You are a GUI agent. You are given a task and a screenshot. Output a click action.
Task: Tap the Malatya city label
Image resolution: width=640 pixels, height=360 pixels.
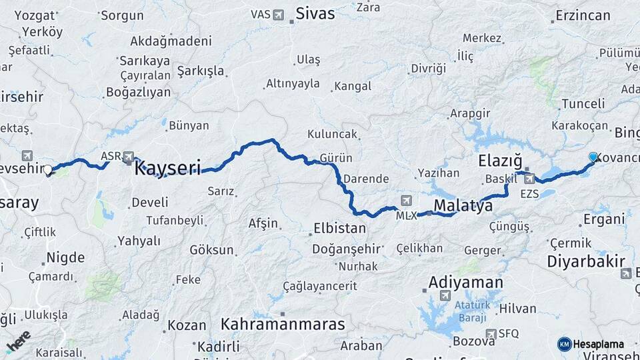[463, 205]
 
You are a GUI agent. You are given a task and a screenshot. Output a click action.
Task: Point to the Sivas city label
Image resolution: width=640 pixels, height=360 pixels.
[315, 13]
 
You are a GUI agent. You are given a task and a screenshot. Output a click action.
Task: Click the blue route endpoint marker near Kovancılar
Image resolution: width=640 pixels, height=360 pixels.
[593, 157]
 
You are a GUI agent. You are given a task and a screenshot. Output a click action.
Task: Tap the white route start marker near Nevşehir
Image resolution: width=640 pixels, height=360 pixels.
[48, 170]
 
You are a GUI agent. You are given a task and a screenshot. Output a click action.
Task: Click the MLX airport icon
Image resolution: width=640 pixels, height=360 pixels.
[407, 201]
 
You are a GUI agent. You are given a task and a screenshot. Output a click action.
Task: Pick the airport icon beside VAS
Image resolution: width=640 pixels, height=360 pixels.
[278, 14]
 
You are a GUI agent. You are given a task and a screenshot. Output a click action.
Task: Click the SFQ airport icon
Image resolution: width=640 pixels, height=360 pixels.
[491, 333]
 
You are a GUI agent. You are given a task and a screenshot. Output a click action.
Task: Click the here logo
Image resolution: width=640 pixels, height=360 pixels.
[19, 341]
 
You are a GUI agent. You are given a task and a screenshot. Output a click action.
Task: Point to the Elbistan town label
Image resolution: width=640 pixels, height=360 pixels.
[339, 228]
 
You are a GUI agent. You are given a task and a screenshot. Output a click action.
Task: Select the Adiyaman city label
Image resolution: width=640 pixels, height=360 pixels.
[465, 282]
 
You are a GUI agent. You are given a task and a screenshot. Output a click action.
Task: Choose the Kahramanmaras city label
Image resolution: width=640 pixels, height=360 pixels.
[283, 325]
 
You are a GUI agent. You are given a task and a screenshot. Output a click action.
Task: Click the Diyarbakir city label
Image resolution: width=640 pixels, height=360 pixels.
[586, 261]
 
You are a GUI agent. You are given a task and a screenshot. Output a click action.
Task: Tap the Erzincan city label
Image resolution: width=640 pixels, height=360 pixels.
[582, 15]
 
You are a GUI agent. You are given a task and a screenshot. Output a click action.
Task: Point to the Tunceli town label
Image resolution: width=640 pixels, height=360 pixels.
[583, 103]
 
